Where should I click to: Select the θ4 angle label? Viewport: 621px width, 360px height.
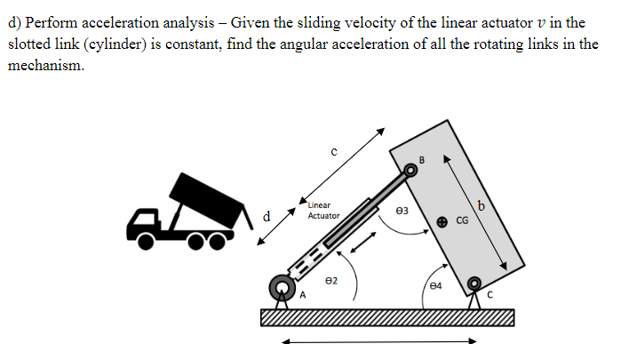click(x=434, y=285)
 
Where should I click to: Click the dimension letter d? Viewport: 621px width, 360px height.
click(x=267, y=214)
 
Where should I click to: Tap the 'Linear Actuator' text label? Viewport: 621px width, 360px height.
click(x=323, y=211)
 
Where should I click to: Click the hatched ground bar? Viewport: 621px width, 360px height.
click(x=387, y=317)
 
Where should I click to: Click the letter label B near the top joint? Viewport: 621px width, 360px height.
click(x=422, y=160)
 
